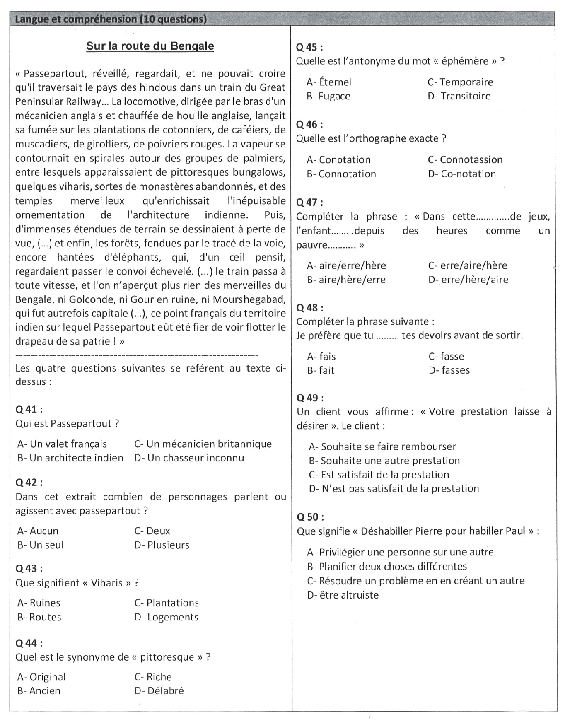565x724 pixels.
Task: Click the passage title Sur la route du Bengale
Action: (150, 46)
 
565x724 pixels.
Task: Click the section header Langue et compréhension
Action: (111, 19)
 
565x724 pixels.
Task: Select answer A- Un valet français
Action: (62, 444)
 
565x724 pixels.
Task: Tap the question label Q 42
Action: (29, 483)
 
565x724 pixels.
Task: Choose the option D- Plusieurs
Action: (162, 545)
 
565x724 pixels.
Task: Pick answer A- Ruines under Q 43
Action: (39, 603)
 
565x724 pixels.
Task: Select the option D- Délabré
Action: (159, 691)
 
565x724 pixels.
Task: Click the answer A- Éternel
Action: (329, 82)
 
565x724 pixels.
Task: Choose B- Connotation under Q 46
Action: (341, 174)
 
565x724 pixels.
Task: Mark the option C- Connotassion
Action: (465, 160)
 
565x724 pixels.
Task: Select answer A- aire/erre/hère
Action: (346, 265)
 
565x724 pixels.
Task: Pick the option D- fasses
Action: (449, 370)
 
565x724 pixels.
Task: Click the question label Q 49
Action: (310, 398)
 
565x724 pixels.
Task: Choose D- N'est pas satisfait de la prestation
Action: (394, 489)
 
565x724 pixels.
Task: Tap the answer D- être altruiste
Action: (343, 595)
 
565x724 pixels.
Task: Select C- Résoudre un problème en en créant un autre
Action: (416, 581)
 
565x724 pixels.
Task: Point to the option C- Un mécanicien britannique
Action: (203, 444)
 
